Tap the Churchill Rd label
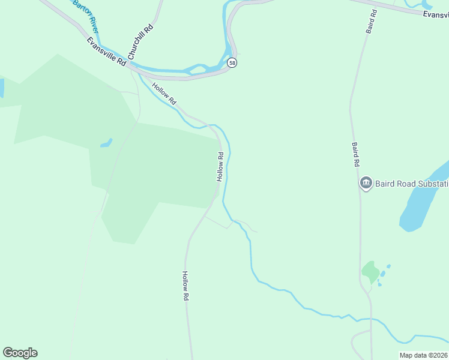(145, 38)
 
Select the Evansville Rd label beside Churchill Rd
(106, 52)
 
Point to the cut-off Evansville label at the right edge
(435, 14)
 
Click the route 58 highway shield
(232, 62)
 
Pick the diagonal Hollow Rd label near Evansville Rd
(164, 94)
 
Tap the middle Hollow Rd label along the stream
(220, 167)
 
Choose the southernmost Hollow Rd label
(185, 286)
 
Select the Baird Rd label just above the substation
(355, 154)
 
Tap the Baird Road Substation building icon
(366, 183)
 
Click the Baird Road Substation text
(412, 183)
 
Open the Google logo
(20, 353)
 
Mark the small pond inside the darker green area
(106, 143)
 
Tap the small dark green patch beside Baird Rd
(370, 272)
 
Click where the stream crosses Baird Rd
(370, 319)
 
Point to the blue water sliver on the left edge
(1, 88)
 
